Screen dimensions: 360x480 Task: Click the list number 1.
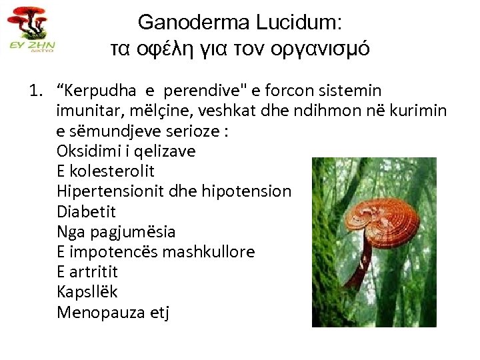tap(34, 90)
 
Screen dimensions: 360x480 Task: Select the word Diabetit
tap(86, 211)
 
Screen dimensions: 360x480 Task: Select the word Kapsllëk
tap(87, 292)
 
